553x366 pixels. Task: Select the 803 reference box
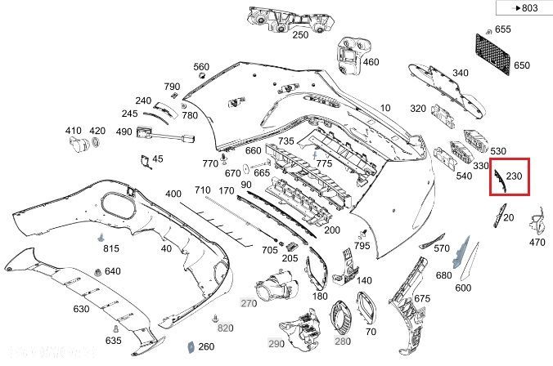pyautogui.click(x=522, y=7)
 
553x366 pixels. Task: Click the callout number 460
pyautogui.click(x=371, y=62)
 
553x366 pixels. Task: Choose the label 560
pyautogui.click(x=201, y=67)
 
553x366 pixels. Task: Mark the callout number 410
pyautogui.click(x=74, y=131)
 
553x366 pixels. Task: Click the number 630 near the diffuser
pyautogui.click(x=81, y=309)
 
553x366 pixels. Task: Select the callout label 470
pyautogui.click(x=537, y=242)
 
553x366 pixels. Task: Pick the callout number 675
pyautogui.click(x=422, y=298)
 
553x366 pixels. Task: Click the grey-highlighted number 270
pyautogui.click(x=249, y=303)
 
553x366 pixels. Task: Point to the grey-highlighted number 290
pyautogui.click(x=276, y=342)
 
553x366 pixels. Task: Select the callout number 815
pyautogui.click(x=110, y=248)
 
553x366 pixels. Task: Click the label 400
pyautogui.click(x=173, y=194)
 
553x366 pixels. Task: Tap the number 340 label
pyautogui.click(x=461, y=73)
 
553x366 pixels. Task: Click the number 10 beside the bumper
pyautogui.click(x=385, y=107)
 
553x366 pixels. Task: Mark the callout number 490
pyautogui.click(x=124, y=132)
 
